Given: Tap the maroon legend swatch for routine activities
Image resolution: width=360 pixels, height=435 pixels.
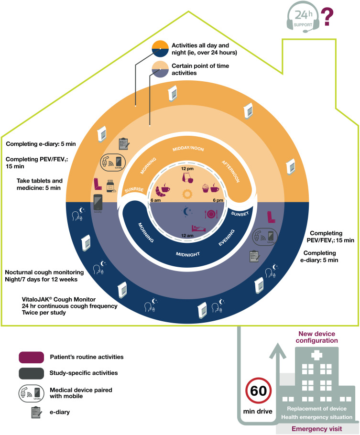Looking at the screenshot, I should pyautogui.click(x=32, y=357).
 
